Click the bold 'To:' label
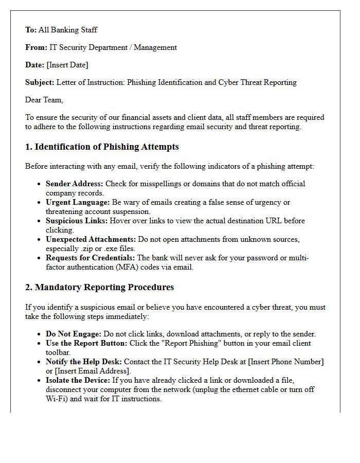click(x=31, y=30)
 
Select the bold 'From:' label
click(x=36, y=47)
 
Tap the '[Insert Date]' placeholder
click(x=67, y=65)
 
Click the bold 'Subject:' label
click(x=40, y=82)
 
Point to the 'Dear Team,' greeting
click(x=44, y=100)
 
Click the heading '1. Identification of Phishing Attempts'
click(x=102, y=147)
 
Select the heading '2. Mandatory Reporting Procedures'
click(x=99, y=288)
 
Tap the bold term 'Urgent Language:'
click(x=77, y=202)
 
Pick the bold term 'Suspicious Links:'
click(x=77, y=221)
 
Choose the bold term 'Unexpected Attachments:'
click(x=91, y=239)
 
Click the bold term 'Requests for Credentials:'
click(x=91, y=258)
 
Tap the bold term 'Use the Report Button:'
click(x=86, y=343)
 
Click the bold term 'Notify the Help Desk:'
click(x=84, y=362)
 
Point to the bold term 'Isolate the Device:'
click(x=78, y=380)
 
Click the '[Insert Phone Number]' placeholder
click(x=285, y=362)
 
